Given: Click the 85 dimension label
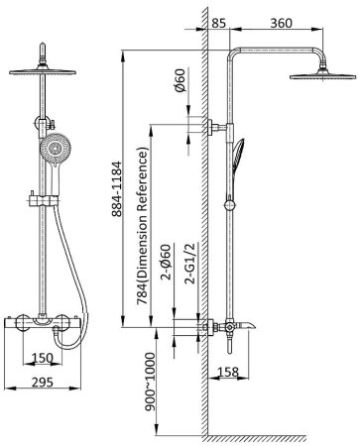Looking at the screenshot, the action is pyautogui.click(x=218, y=23).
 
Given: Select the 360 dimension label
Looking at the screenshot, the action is pyautogui.click(x=282, y=23).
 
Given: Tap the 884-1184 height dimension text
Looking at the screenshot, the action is pyautogui.click(x=116, y=188).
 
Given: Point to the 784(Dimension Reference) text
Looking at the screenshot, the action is pyautogui.click(x=143, y=227).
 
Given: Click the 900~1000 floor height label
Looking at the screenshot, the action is pyautogui.click(x=150, y=382).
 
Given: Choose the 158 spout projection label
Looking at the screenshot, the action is pyautogui.click(x=228, y=372).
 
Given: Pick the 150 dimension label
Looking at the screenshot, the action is pyautogui.click(x=43, y=358).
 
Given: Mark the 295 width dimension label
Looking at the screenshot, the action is pyautogui.click(x=43, y=382).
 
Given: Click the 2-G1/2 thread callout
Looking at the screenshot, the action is pyautogui.click(x=191, y=263).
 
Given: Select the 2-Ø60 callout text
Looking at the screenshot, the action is pyautogui.click(x=166, y=262).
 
